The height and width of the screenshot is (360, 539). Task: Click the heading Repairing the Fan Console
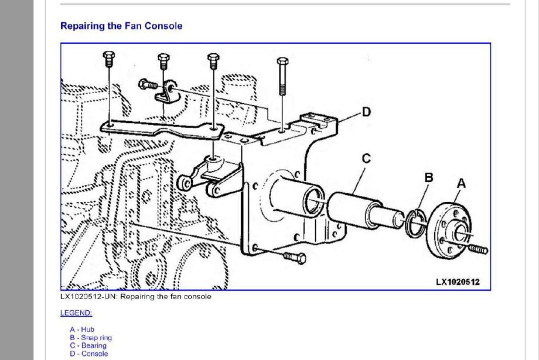[121, 26]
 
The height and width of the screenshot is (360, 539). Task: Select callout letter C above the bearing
[366, 158]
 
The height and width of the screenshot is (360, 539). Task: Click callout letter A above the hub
[460, 183]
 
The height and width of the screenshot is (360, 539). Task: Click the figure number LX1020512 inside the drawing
[457, 282]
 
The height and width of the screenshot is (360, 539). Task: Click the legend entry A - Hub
[81, 330]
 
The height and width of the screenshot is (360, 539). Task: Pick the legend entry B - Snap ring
[90, 338]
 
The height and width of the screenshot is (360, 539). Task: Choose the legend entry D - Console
[88, 353]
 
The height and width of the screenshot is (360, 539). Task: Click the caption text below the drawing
[136, 297]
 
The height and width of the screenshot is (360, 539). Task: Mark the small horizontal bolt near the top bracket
[146, 84]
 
